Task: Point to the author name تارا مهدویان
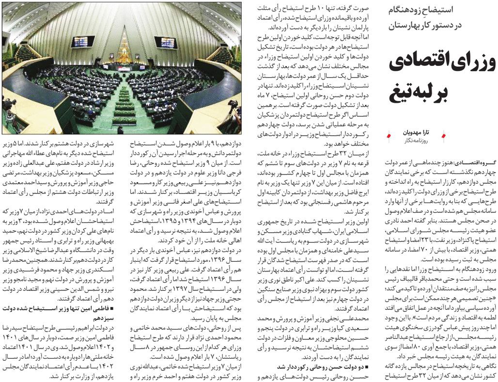(x=416, y=133)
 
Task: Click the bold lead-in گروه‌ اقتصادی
(x=470, y=164)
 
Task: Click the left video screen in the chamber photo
(x=83, y=42)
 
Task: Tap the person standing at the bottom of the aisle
(x=120, y=130)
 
